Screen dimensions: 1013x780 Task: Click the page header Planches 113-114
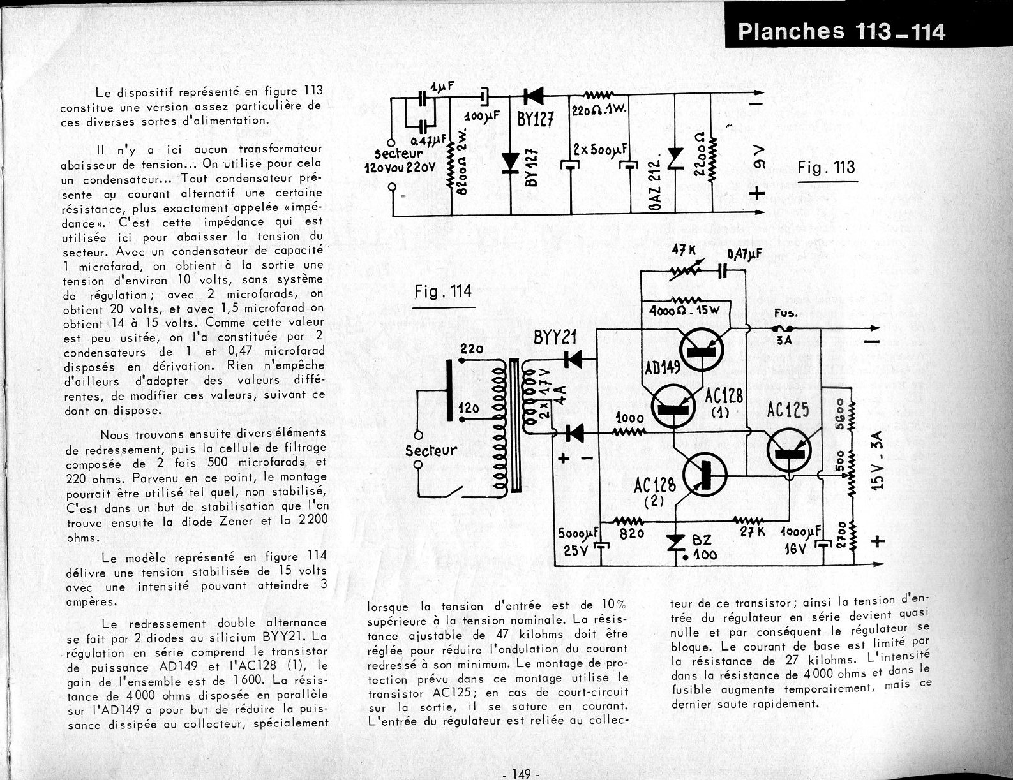pos(841,31)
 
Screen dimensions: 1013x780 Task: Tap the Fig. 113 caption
pos(826,168)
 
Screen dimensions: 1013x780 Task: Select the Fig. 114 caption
pos(443,291)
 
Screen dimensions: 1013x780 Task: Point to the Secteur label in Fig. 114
pos(431,450)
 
